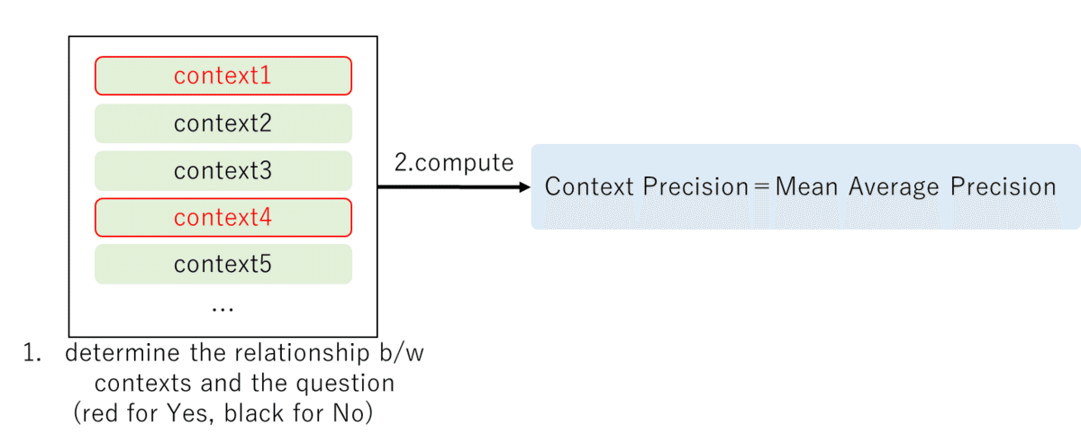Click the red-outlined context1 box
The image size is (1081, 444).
click(x=223, y=76)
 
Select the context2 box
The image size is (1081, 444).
click(x=223, y=122)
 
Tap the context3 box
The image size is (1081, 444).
click(x=223, y=170)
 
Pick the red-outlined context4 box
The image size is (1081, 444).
click(x=223, y=217)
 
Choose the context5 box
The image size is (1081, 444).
click(x=223, y=265)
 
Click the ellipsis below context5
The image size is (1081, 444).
click(x=222, y=309)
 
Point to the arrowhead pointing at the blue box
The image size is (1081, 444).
click(x=524, y=187)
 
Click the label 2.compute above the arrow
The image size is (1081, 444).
click(x=454, y=163)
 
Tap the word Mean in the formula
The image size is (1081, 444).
click(x=806, y=186)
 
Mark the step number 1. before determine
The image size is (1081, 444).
click(x=32, y=353)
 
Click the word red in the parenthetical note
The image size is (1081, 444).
click(x=102, y=413)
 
